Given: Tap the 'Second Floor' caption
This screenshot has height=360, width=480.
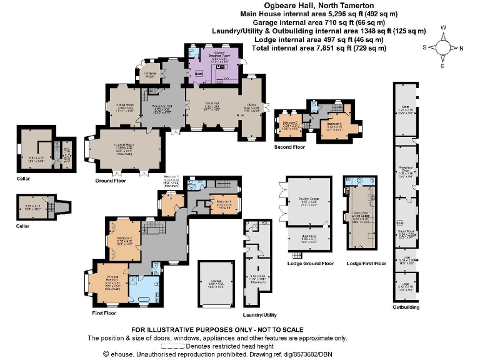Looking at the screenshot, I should click(289, 147).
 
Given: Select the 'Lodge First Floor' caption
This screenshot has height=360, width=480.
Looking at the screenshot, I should click(366, 264).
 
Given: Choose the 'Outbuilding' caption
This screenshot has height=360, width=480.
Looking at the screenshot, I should click(406, 307).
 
